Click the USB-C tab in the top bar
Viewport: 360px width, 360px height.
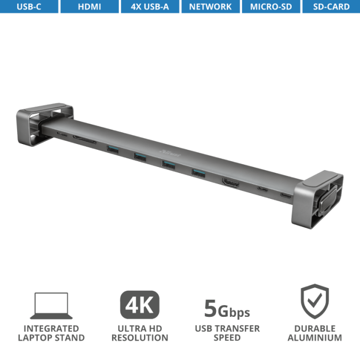(29, 7)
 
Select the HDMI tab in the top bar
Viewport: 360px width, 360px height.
(89, 7)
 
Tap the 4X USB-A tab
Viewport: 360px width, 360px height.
(150, 7)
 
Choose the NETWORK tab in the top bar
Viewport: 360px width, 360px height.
(210, 7)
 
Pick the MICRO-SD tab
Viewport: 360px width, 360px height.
(270, 7)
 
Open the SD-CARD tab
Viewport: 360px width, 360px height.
(331, 7)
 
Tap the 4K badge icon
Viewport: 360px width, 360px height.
(139, 305)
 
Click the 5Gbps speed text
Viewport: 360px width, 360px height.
(227, 309)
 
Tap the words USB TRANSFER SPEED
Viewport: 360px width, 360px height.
(227, 333)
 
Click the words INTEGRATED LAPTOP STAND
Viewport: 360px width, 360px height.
(51, 333)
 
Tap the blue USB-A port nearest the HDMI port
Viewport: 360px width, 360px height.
(198, 172)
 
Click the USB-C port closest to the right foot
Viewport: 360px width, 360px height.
(286, 196)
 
